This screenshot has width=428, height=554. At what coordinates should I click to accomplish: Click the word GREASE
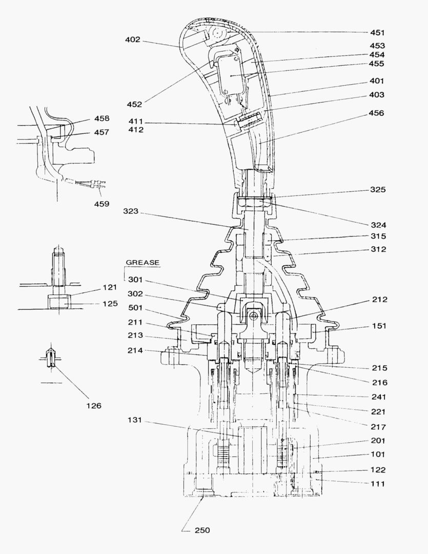tap(142, 263)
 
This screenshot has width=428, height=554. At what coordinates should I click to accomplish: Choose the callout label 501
tap(136, 308)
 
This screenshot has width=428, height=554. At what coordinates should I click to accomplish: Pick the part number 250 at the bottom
tap(201, 530)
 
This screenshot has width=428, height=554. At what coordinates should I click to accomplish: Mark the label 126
tap(93, 405)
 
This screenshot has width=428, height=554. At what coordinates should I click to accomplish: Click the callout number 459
tap(101, 204)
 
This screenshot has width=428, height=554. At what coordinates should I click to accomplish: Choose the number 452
tap(134, 104)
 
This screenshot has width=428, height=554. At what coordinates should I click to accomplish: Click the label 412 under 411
tap(136, 130)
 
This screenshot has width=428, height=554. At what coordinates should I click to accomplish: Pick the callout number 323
tap(132, 211)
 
